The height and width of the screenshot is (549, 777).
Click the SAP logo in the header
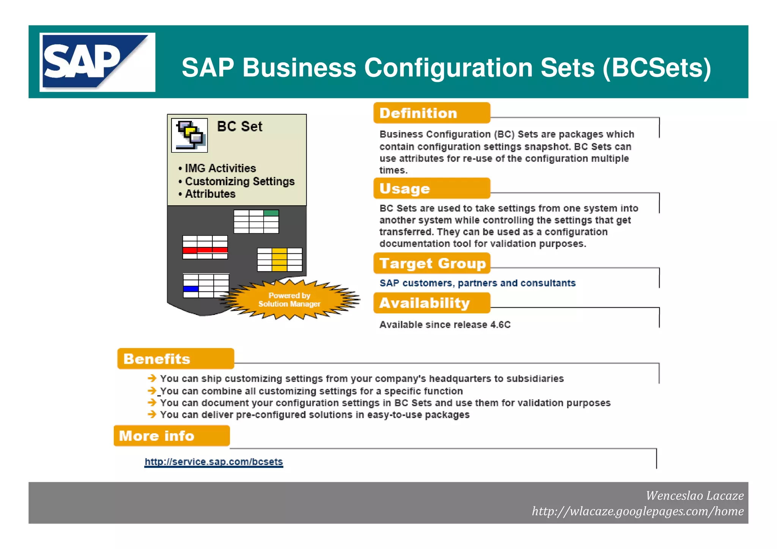point(97,62)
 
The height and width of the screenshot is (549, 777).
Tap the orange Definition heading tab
point(431,113)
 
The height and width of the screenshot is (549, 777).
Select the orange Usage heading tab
point(431,189)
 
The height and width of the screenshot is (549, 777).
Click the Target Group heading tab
point(431,263)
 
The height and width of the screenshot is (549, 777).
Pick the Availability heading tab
point(431,303)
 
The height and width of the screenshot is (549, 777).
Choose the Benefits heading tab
point(175,359)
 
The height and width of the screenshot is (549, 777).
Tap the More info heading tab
point(171,436)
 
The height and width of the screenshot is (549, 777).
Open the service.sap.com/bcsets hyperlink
point(214,462)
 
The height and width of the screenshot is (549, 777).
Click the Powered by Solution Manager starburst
point(289,300)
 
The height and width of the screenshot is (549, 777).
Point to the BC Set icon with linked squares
point(189,135)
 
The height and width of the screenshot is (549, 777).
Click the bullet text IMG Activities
point(220,168)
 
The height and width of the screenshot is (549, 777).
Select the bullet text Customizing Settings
point(239,181)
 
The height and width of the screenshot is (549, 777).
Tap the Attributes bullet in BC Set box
point(210,194)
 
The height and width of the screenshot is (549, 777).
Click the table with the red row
point(205,247)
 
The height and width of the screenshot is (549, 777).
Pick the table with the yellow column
point(280,260)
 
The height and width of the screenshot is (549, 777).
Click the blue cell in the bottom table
point(191,289)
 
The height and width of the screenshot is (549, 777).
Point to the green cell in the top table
point(271,213)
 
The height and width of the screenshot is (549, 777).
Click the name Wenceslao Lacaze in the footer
point(694,496)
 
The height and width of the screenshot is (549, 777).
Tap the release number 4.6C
point(500,325)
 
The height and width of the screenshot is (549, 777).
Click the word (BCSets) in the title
point(656,68)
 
